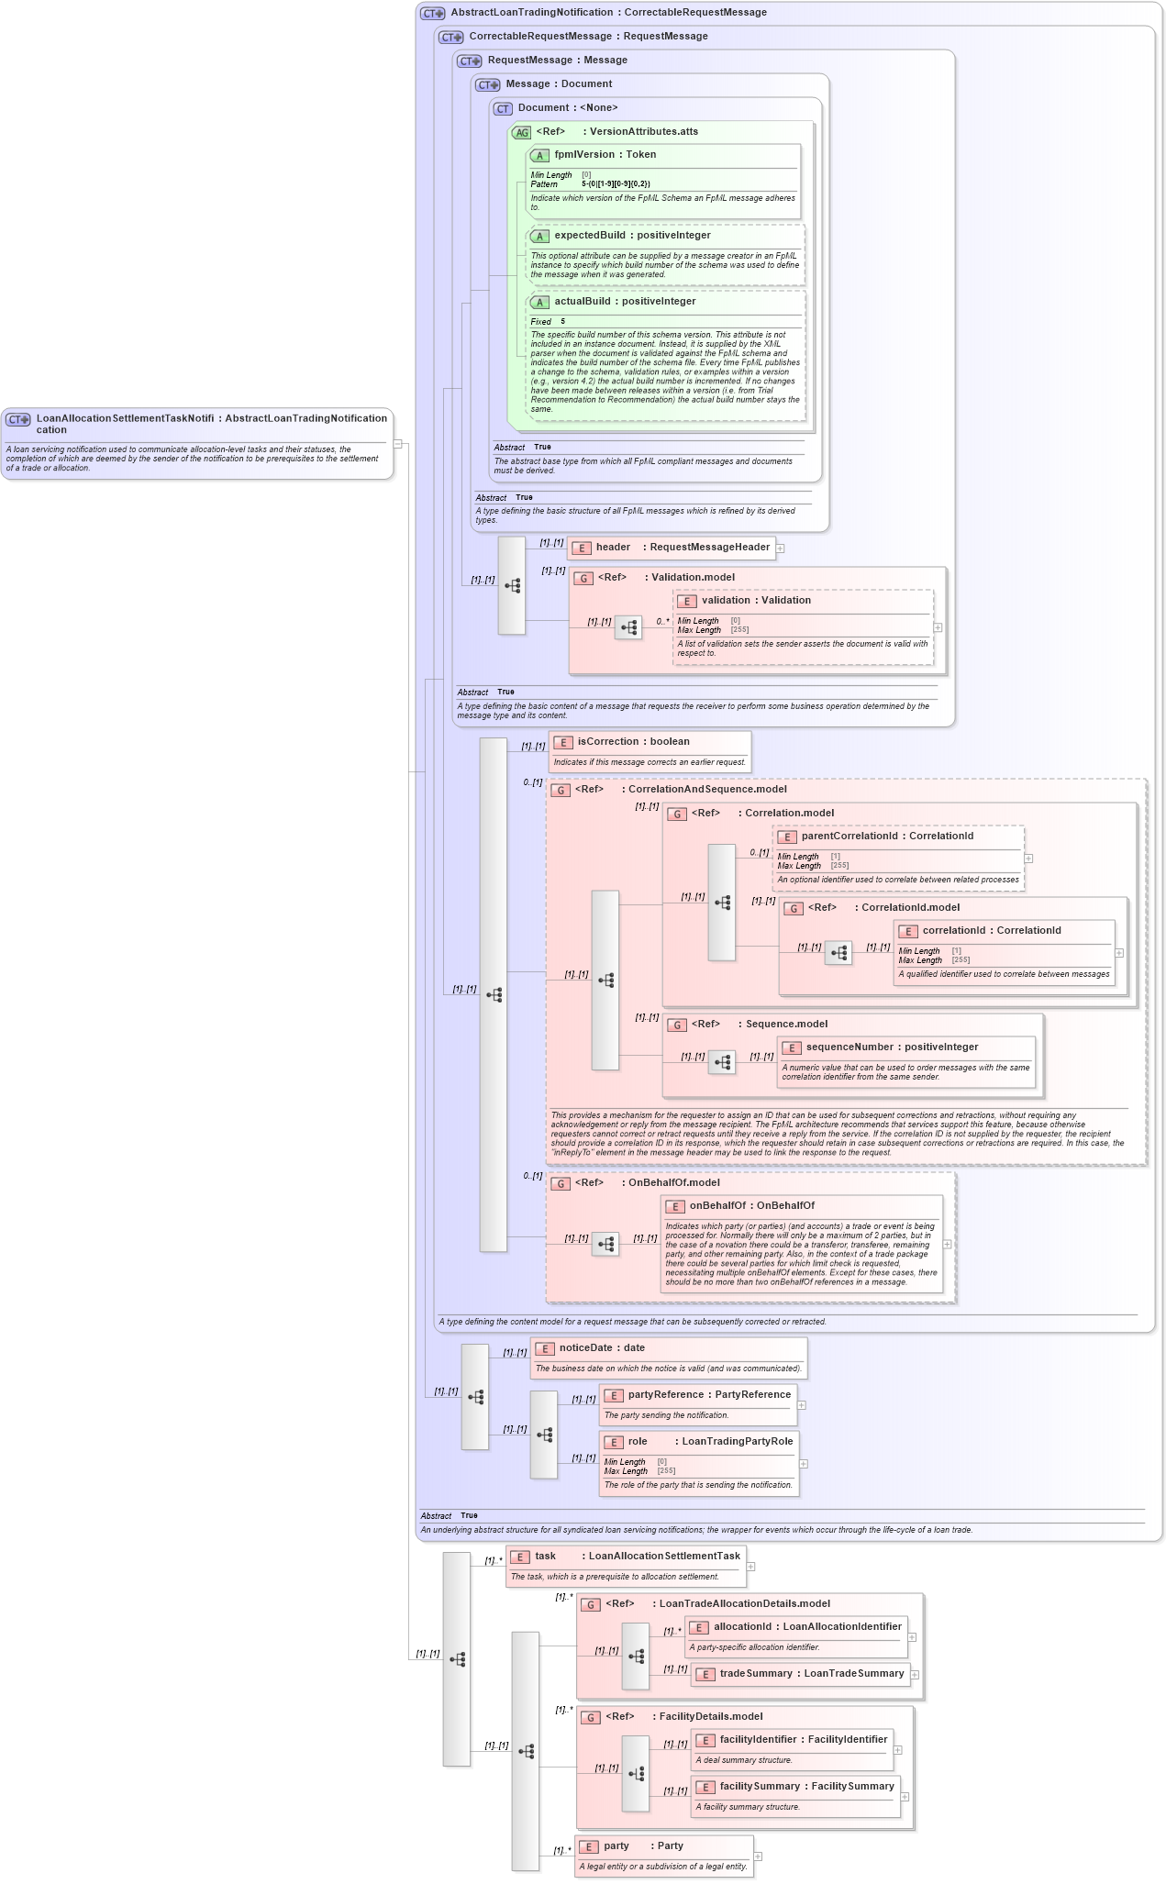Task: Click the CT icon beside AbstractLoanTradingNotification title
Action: [432, 13]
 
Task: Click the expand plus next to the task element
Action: [750, 1567]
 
